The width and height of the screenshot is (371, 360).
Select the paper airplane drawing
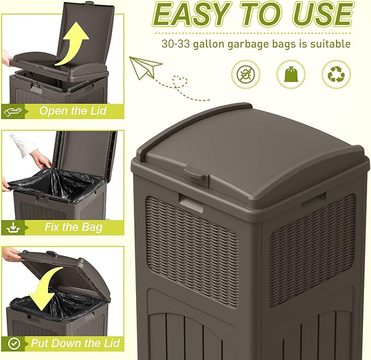point(145,67)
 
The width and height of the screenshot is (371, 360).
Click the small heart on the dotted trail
point(178,82)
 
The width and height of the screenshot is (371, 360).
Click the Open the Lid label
point(73,111)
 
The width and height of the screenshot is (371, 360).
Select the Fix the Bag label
point(73,227)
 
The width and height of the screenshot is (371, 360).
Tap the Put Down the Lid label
point(73,344)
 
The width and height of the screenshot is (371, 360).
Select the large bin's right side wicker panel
point(311,240)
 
